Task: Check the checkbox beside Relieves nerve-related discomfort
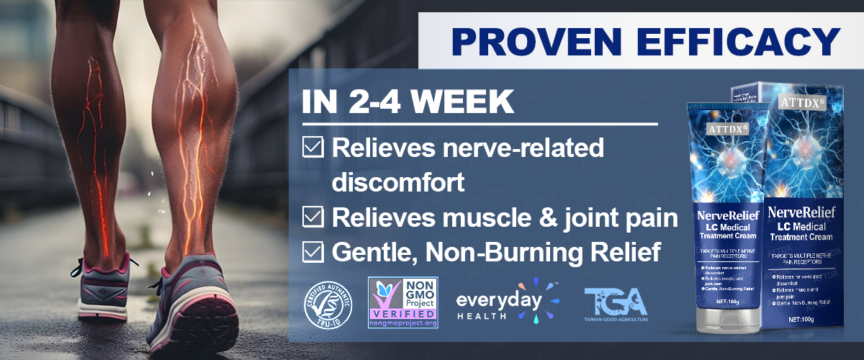pos(312,148)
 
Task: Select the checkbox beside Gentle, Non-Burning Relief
pos(312,251)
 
